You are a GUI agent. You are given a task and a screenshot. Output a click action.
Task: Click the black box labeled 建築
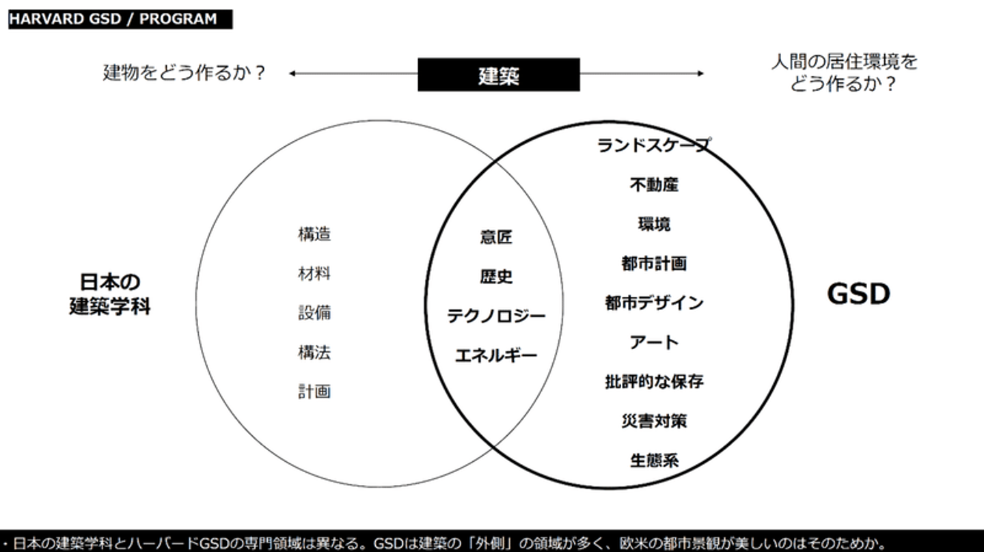(499, 74)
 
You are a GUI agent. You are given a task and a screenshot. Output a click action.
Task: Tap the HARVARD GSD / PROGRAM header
(120, 19)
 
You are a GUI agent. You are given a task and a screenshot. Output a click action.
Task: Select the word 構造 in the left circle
(314, 234)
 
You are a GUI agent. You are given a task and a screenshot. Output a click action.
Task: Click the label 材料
(314, 273)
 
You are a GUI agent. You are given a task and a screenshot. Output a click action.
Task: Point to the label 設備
(314, 313)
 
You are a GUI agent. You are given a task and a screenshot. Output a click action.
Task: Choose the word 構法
(314, 353)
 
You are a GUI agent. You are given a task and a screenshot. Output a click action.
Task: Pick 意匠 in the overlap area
(496, 237)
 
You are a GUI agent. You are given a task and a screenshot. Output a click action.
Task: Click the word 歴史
(496, 277)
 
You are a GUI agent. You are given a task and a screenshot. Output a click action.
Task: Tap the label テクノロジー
(496, 316)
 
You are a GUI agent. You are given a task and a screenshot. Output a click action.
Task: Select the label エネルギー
(496, 355)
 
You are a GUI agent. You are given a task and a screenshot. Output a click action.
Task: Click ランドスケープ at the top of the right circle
(654, 145)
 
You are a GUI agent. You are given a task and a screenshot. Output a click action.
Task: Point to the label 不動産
(654, 184)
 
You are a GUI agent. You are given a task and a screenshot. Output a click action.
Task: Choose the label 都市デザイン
(654, 303)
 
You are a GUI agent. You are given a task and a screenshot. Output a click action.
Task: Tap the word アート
(654, 342)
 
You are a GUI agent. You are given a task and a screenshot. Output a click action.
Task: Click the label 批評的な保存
(654, 382)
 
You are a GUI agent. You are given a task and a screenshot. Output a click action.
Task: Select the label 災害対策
(654, 421)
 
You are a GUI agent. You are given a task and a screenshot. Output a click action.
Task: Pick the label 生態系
(654, 460)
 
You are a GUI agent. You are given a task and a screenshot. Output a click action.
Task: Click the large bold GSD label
(858, 294)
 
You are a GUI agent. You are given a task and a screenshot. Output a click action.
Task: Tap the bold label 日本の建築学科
(110, 294)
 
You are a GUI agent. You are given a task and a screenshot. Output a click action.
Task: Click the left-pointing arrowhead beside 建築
(291, 73)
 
